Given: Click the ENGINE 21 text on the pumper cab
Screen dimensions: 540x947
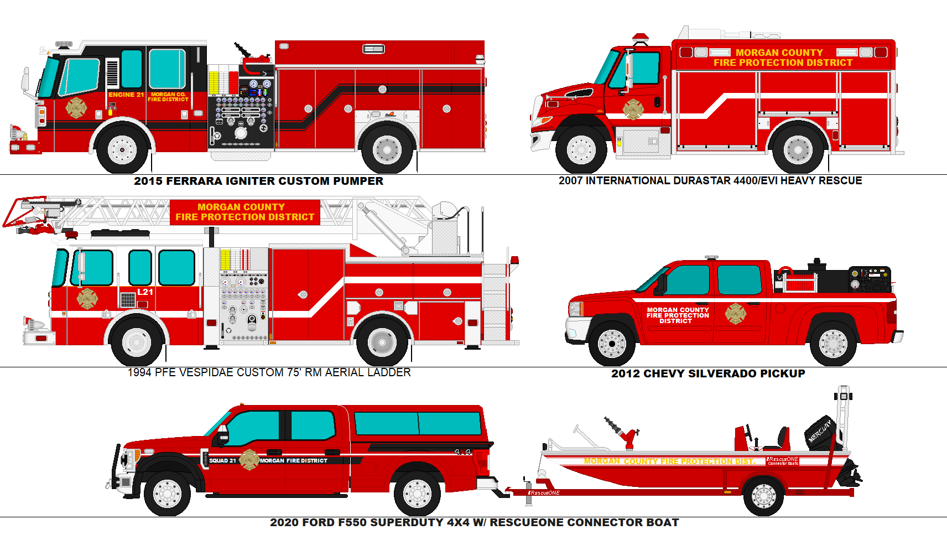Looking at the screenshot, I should [126, 95].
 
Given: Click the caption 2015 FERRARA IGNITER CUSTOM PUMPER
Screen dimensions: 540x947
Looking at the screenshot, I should [258, 181].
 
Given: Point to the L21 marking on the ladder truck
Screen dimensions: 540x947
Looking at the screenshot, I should [145, 292].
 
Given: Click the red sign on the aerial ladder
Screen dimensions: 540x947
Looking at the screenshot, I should [244, 212].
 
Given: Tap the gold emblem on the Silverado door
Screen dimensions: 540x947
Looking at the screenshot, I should [735, 314].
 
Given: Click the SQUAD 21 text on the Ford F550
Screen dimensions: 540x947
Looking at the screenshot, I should [222, 460].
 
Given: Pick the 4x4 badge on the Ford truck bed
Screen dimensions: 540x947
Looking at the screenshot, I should [462, 452].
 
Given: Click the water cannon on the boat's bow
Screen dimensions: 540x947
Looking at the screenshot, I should [622, 432].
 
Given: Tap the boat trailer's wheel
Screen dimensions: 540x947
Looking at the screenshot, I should [764, 496].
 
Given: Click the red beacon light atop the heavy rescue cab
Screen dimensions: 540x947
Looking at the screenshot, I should [641, 38].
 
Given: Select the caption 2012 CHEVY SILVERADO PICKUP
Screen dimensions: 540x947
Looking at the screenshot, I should [707, 373].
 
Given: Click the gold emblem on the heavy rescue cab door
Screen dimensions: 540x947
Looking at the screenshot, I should [633, 109].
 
